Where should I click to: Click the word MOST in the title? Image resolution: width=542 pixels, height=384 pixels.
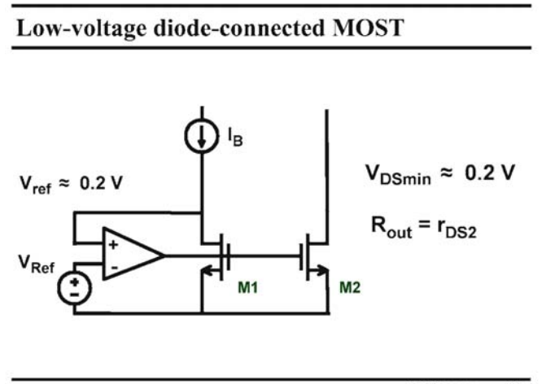tap(368, 28)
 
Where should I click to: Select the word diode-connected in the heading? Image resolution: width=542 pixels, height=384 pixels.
tap(239, 28)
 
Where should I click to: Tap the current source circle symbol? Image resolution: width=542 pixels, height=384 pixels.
tap(202, 136)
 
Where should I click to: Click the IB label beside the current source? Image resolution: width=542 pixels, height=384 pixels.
tap(235, 137)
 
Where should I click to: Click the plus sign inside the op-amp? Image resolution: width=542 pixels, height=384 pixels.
tap(113, 245)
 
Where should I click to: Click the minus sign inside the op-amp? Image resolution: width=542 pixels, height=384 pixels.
tap(115, 268)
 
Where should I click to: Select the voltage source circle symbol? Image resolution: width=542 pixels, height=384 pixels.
tap(75, 288)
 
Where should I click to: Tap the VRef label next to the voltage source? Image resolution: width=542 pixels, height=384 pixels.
tap(37, 264)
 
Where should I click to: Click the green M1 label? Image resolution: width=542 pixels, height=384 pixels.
tap(248, 287)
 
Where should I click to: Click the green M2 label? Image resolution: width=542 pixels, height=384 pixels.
tap(350, 287)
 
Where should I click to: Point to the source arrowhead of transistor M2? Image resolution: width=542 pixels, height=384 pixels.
tap(323, 271)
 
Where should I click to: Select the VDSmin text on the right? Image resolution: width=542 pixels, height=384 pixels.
tap(398, 175)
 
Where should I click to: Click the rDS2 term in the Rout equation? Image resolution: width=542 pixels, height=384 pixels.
tap(457, 228)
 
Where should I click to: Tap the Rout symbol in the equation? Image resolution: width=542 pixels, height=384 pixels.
tap(391, 227)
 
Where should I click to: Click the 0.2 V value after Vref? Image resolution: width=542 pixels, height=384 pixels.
tap(101, 182)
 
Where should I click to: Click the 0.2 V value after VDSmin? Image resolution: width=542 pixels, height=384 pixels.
tap(490, 172)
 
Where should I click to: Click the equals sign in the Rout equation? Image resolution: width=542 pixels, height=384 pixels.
tap(425, 225)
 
